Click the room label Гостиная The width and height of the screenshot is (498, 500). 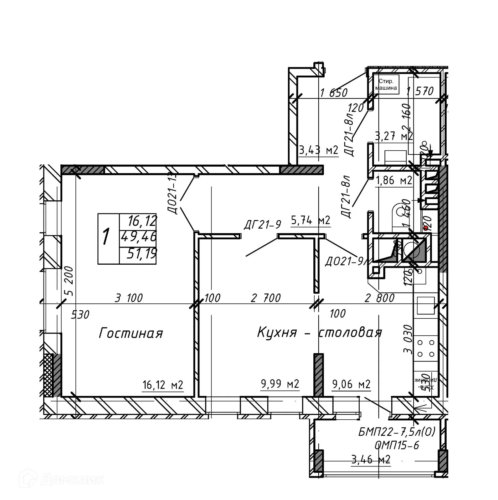(x=131, y=333)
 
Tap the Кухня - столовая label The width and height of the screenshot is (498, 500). (x=319, y=332)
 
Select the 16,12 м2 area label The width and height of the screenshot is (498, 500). (x=162, y=385)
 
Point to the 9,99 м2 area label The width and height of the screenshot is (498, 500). (x=280, y=383)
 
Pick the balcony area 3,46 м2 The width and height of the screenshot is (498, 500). (x=371, y=459)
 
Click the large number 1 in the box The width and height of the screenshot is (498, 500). (x=106, y=237)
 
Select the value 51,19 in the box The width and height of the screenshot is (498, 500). (x=141, y=253)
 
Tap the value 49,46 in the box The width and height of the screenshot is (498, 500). (x=139, y=237)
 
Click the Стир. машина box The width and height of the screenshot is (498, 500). (x=386, y=84)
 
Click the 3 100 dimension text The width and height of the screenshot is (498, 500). (x=129, y=298)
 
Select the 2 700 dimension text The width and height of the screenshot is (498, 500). (x=266, y=298)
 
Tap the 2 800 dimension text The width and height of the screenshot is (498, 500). (x=379, y=298)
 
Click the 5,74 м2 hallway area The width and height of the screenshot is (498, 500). (x=311, y=221)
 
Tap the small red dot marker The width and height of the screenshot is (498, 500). (x=425, y=228)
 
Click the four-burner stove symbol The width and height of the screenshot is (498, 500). (x=426, y=348)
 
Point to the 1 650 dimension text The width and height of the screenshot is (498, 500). (x=334, y=93)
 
